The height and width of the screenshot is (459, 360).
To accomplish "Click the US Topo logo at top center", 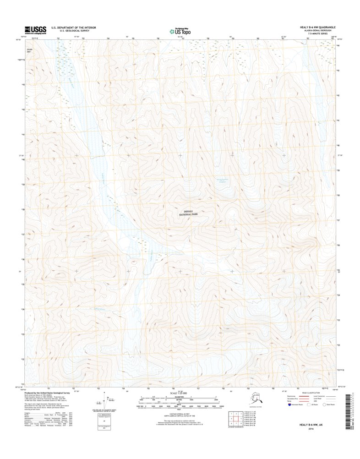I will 180,31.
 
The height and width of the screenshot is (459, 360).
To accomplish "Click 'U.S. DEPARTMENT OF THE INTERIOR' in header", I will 74,27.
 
